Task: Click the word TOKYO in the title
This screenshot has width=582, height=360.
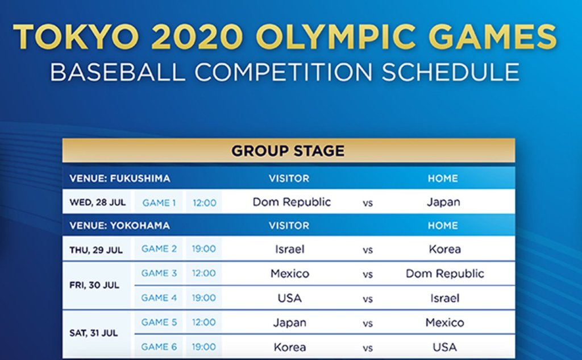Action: tap(77, 37)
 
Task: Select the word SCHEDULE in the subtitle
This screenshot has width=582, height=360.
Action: tap(450, 72)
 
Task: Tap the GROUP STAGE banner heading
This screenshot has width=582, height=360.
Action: tap(288, 151)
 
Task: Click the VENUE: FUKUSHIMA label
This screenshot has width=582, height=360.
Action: tap(119, 179)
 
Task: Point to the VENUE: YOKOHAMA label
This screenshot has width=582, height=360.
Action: tap(119, 226)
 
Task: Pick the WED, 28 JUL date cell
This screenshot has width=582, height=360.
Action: tap(98, 202)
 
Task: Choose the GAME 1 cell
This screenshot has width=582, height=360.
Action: tap(159, 203)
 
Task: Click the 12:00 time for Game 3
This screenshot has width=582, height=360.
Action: tap(204, 273)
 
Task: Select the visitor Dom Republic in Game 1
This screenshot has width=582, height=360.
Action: tap(292, 202)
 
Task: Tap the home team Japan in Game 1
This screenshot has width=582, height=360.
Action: tap(443, 202)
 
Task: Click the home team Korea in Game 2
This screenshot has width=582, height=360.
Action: tap(444, 249)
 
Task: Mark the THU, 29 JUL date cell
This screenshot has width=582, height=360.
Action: tap(95, 250)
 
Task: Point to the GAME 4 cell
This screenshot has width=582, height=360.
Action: tap(159, 297)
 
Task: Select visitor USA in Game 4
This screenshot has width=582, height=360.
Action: tap(289, 298)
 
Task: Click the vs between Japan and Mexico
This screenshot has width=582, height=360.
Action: tap(368, 324)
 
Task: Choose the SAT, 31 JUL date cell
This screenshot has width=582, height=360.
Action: tap(94, 333)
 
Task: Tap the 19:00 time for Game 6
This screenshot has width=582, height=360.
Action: tap(204, 346)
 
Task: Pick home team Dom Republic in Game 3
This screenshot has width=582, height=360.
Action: tap(444, 274)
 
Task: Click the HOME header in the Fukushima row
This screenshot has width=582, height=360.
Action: tap(443, 179)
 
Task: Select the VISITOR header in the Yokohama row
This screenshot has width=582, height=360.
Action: tap(289, 226)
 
